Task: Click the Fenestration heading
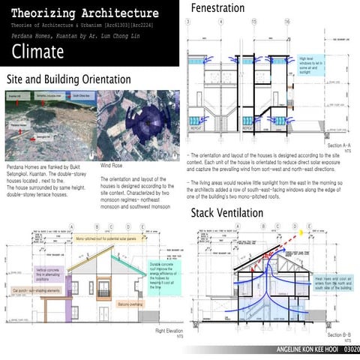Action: (x=217, y=8)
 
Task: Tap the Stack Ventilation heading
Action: (x=227, y=213)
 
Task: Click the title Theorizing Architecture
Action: (x=85, y=13)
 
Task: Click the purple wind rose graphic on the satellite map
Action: (x=148, y=122)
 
